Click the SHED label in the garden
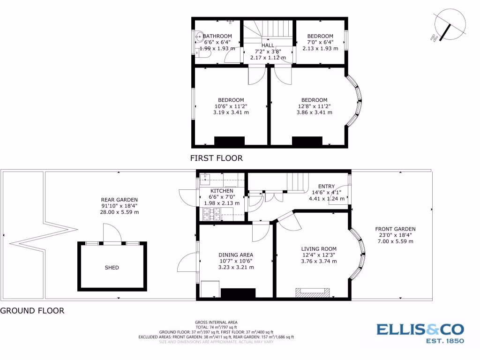click(112, 268)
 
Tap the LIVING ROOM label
click(318, 249)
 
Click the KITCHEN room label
click(221, 191)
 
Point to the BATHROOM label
click(217, 36)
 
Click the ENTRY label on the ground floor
click(326, 186)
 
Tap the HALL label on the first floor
click(268, 45)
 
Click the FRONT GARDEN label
click(395, 229)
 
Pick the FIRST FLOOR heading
click(217, 158)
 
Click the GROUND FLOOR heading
click(32, 310)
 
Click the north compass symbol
click(449, 28)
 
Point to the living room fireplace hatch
click(312, 292)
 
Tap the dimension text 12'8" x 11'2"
click(314, 106)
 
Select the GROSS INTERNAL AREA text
click(216, 322)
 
